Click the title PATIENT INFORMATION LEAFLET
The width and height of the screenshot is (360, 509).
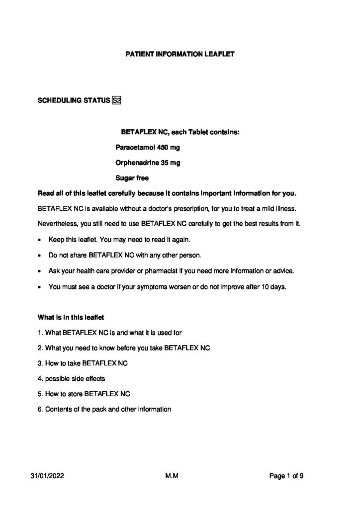coord(180,53)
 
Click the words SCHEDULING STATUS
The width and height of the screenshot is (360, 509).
coord(74,101)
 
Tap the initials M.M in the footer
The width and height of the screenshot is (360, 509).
coord(172,476)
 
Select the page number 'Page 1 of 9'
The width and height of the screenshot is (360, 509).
coord(286,476)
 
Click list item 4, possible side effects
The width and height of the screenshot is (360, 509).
coord(72,378)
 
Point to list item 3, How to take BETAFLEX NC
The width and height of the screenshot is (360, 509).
coord(84,363)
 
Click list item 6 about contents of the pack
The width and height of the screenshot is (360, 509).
coord(105,409)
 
